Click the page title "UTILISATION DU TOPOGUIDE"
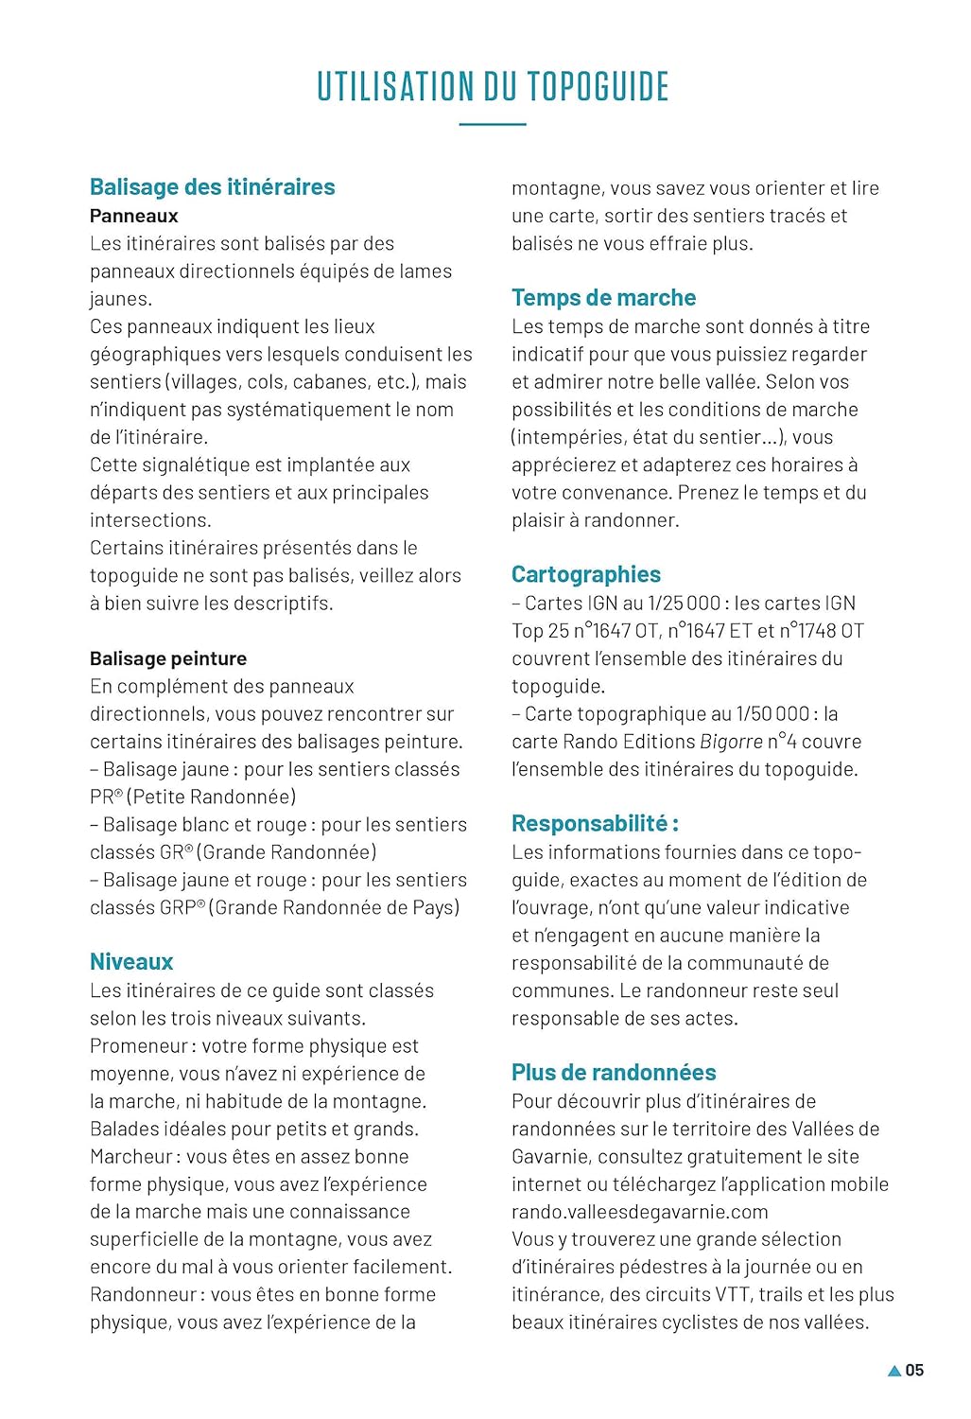[x=493, y=87]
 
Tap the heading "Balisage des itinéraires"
[x=212, y=187]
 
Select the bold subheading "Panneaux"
[x=133, y=216]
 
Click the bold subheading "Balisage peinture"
[x=168, y=658]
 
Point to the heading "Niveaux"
[x=131, y=962]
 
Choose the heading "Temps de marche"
[x=603, y=298]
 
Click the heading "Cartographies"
[x=586, y=574]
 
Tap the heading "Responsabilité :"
[x=595, y=823]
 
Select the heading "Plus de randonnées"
[x=614, y=1073]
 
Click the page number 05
[x=914, y=1370]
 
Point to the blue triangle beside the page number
[x=894, y=1371]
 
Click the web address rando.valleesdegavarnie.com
[x=640, y=1212]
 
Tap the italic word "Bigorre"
[x=731, y=742]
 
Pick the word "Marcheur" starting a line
[x=131, y=1157]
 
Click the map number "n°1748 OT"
[x=823, y=631]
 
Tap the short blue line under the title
[x=493, y=124]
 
